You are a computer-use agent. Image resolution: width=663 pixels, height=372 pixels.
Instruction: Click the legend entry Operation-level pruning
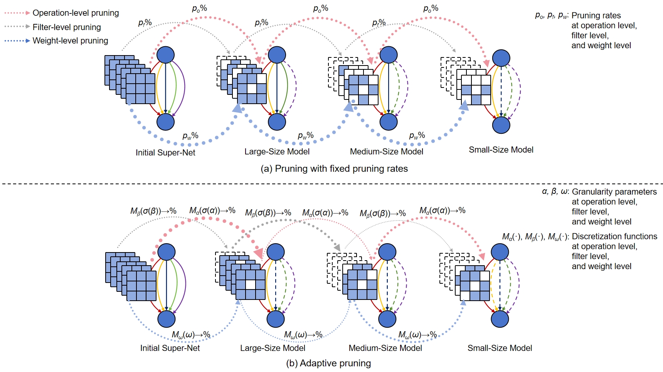coord(76,13)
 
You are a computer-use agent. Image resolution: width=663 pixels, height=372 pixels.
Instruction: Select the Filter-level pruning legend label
coord(67,27)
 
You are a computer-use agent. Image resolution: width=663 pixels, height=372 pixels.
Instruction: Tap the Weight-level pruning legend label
coord(70,41)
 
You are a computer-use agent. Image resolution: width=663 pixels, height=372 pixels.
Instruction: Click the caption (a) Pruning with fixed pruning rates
coord(334,169)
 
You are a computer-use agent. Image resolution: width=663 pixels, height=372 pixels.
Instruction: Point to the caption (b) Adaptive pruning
coord(328,363)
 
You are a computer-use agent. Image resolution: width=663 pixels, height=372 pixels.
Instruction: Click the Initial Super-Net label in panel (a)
coord(165,153)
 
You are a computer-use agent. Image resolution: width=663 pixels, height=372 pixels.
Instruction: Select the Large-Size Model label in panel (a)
coord(277,151)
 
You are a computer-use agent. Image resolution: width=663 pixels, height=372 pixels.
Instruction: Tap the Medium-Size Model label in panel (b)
coord(385,348)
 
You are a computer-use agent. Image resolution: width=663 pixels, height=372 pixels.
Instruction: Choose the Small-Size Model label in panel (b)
coord(500,348)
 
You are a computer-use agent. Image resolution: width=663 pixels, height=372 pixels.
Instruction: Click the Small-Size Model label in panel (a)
coord(501,150)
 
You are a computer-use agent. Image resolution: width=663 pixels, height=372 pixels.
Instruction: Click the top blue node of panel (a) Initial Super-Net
coord(166,55)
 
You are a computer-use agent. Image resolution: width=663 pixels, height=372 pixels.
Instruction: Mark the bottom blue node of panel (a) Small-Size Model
coord(501,125)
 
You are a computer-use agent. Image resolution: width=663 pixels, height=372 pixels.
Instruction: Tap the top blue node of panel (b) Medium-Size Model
coord(387,252)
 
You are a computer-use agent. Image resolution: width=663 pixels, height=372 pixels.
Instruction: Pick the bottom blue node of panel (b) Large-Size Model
coord(276,319)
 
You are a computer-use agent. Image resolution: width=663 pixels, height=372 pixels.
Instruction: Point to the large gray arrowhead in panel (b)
coord(337,247)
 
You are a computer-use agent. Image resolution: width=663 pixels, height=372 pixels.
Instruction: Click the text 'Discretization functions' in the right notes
coord(614,236)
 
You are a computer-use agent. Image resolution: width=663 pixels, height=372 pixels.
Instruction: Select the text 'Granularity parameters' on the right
coord(614,192)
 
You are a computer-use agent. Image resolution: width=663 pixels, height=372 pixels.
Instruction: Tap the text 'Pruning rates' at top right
coord(596,16)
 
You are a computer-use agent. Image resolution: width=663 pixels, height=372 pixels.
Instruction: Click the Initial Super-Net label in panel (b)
coord(170,348)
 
